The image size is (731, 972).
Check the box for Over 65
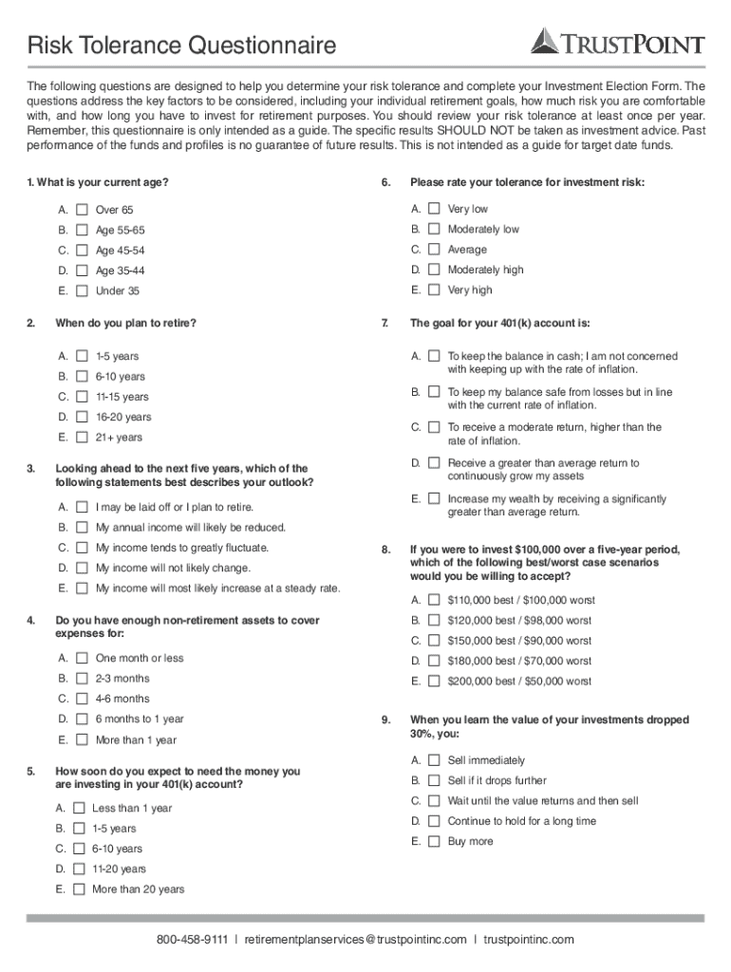82,210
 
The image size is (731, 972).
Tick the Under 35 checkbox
82,291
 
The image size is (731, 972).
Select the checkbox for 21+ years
82,438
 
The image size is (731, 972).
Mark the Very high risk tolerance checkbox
434,290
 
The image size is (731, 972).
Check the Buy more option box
434,842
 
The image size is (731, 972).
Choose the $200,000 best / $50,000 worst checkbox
434,682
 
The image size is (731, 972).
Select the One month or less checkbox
82,659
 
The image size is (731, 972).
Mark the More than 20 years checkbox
79,890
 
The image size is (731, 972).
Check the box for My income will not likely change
82,569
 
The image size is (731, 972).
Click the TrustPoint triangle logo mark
546,41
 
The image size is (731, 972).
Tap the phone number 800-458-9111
192,940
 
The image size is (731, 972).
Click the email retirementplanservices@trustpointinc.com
355,940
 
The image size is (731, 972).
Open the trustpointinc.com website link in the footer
528,940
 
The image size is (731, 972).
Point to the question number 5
30,772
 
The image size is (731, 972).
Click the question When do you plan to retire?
125,323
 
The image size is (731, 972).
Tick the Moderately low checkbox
434,230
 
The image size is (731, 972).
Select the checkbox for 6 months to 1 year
82,720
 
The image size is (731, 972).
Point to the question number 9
385,720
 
